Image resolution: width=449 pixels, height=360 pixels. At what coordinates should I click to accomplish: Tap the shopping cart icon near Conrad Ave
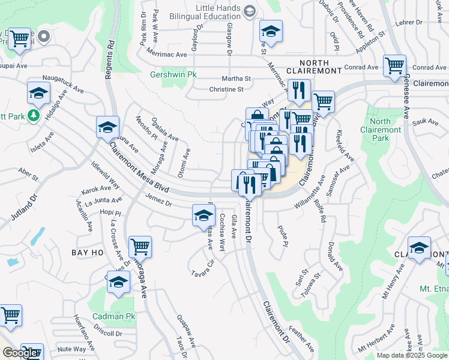point(394,67)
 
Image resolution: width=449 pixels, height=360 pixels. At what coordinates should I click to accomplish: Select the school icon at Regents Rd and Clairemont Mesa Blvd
point(108,128)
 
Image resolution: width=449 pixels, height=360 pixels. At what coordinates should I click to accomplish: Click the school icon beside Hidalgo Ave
point(38,94)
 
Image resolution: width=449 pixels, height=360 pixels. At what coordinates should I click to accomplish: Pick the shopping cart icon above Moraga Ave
point(140,247)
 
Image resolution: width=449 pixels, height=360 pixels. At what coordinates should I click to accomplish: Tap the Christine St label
point(226,89)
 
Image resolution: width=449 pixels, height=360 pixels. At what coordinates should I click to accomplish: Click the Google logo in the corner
point(20,353)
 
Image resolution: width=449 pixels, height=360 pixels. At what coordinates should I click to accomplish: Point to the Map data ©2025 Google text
point(412,355)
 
